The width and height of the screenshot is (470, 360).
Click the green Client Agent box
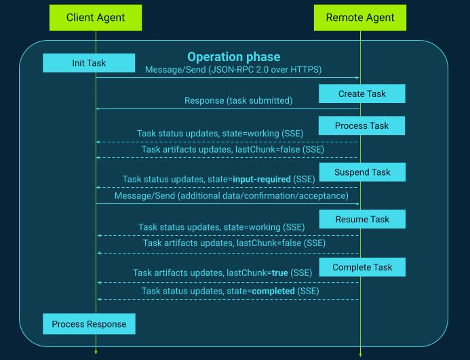tap(96, 17)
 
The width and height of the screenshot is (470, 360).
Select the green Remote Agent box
tap(360, 17)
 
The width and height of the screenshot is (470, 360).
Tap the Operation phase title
tap(233, 57)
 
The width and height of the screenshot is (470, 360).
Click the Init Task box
tap(89, 63)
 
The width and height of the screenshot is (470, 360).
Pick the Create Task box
tap(361, 94)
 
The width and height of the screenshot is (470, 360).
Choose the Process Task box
tap(361, 125)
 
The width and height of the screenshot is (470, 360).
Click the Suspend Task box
tap(362, 172)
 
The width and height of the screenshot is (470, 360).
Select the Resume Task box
tap(362, 219)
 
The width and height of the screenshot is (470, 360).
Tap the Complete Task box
tap(362, 267)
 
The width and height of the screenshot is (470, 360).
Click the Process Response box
tap(89, 324)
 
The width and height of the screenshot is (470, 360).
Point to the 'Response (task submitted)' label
tap(238, 100)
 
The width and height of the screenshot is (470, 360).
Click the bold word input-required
tap(262, 179)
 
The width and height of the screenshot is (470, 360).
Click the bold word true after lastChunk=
tap(280, 273)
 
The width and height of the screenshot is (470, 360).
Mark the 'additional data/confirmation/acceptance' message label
tap(260, 196)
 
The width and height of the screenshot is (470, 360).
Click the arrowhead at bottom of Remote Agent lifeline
tap(360, 354)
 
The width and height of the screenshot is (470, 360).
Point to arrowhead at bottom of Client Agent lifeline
tap(96, 351)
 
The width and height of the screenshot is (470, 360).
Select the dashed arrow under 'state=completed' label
tap(227, 299)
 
